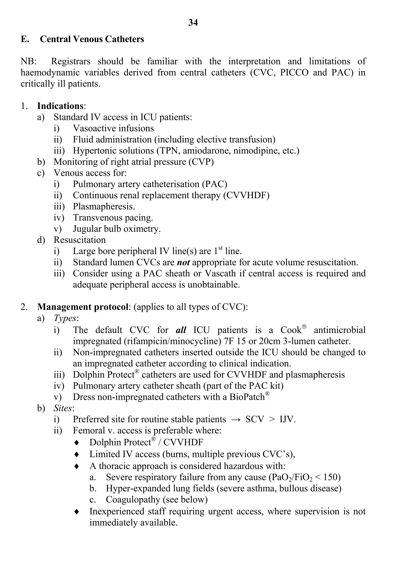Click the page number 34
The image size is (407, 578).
(x=193, y=23)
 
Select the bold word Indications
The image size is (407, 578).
(x=60, y=106)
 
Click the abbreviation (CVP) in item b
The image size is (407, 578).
(x=201, y=162)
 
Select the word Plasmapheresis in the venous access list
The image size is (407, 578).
(x=104, y=206)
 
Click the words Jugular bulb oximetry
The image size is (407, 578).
(x=117, y=229)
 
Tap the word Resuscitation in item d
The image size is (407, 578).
(x=79, y=240)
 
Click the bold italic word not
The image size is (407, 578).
(x=183, y=263)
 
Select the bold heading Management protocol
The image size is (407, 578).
(x=83, y=307)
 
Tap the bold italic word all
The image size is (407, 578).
(x=181, y=330)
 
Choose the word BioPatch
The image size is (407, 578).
(x=247, y=397)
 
